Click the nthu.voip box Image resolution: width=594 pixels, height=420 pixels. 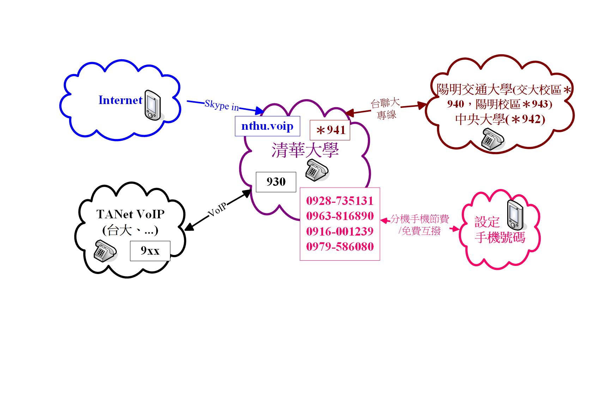267,126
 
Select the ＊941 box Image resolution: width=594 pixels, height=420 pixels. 330,130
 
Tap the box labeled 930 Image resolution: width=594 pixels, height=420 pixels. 276,182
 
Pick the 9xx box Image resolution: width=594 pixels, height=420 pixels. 150,251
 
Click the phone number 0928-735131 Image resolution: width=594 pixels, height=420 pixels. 339,201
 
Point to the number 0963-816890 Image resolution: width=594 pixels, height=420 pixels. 339,216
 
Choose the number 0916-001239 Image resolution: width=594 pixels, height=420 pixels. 339,231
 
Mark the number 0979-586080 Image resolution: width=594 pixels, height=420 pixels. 339,246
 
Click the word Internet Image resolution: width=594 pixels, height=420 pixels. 120,100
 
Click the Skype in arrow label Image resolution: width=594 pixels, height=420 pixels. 222,105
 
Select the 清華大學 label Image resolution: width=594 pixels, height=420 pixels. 305,151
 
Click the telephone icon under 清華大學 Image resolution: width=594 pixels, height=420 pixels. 316,170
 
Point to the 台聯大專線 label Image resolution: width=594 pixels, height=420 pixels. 386,109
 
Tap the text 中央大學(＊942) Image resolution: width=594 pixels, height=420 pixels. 500,120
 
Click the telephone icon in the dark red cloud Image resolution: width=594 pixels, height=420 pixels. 492,140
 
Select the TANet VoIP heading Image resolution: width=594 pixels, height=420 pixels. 130,214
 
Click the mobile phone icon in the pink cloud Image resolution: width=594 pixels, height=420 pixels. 514,214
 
